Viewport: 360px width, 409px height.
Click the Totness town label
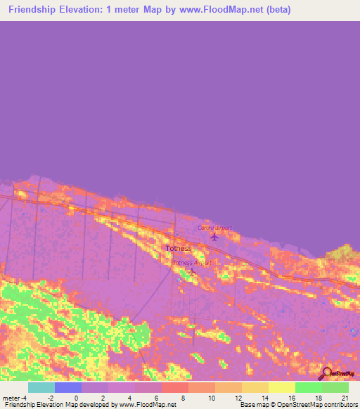[x=178, y=248]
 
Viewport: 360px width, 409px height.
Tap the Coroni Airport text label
[x=214, y=228]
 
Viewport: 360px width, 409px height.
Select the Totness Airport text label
[x=192, y=263]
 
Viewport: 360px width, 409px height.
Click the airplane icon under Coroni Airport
[x=214, y=236]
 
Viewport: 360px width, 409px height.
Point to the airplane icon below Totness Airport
[x=191, y=271]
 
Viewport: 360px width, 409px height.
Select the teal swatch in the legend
[x=41, y=387]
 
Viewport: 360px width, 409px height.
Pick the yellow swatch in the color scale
[x=282, y=387]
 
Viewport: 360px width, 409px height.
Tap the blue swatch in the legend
[x=68, y=387]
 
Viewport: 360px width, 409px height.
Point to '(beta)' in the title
[x=256, y=10]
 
